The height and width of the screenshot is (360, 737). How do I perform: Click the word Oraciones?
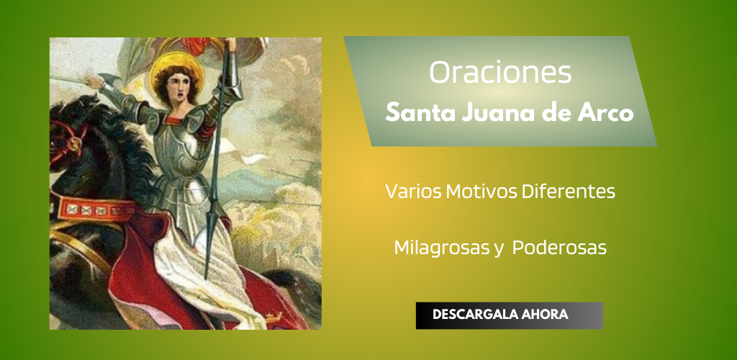point(500,73)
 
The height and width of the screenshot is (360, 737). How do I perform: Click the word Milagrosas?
point(442,248)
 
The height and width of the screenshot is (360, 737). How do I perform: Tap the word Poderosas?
point(559,248)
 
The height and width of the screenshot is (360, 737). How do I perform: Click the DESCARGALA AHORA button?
point(509,315)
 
